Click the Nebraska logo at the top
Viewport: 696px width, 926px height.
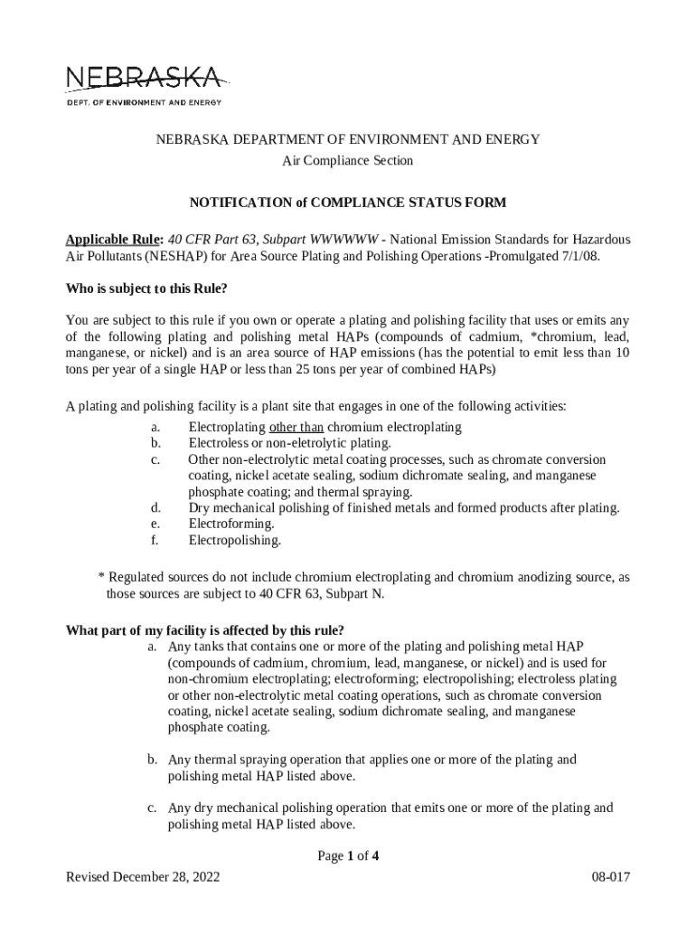point(143,79)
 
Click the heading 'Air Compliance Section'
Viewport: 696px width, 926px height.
point(348,161)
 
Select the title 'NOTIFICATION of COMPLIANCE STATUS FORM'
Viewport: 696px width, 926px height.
point(347,203)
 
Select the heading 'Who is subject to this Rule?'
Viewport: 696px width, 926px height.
point(145,290)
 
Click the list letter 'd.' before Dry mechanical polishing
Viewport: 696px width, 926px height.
point(155,507)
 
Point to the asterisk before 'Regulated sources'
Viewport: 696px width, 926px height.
point(101,577)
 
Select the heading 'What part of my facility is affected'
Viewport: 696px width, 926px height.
point(205,630)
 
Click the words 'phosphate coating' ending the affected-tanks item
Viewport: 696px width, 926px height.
point(217,727)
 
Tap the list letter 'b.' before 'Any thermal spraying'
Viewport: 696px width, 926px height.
point(154,760)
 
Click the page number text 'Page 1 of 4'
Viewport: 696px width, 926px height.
point(348,857)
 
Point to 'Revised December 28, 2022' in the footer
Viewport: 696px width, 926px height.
point(143,877)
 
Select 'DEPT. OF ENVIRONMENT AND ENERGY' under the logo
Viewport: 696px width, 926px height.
point(144,102)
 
